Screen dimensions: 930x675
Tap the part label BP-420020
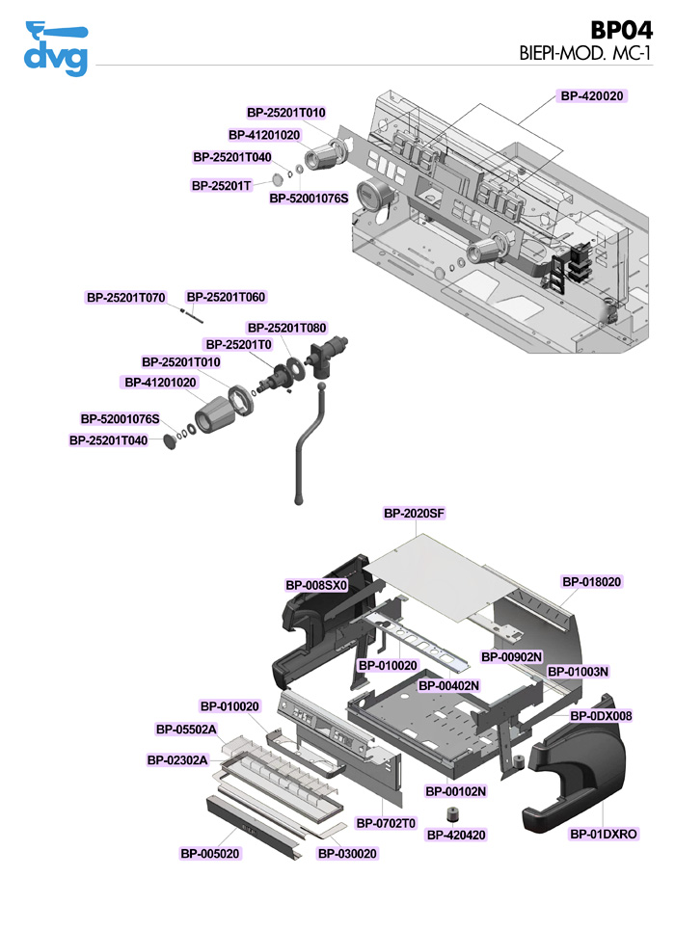pyautogui.click(x=593, y=96)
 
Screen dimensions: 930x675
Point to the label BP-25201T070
pyautogui.click(x=126, y=298)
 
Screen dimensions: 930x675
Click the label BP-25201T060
pyautogui.click(x=226, y=298)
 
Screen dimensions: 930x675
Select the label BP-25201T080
pyautogui.click(x=286, y=328)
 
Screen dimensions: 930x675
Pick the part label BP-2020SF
pyautogui.click(x=414, y=515)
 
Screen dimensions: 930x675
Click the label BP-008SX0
pyautogui.click(x=316, y=585)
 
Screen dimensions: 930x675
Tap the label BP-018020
pyautogui.click(x=592, y=582)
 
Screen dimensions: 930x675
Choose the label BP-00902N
pyautogui.click(x=512, y=656)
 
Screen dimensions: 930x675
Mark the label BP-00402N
pyautogui.click(x=448, y=685)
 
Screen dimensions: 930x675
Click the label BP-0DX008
pyautogui.click(x=602, y=716)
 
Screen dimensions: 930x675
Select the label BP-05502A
pyautogui.click(x=186, y=729)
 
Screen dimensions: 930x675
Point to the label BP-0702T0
pyautogui.click(x=386, y=823)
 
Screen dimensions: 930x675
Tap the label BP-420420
pyautogui.click(x=456, y=835)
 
